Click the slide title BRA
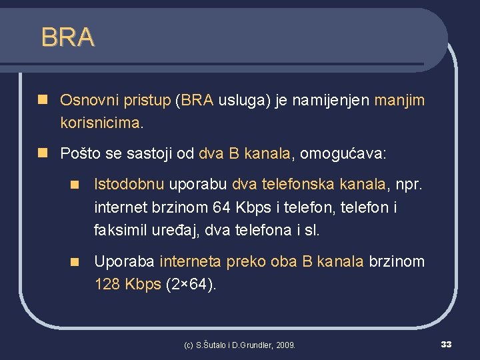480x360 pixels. (67, 37)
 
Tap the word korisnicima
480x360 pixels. (100, 123)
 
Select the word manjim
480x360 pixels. (399, 101)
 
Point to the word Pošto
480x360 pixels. (79, 154)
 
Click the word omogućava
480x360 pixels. (341, 154)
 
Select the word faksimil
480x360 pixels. (121, 231)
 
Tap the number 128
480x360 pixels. (107, 285)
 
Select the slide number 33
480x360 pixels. (447, 344)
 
